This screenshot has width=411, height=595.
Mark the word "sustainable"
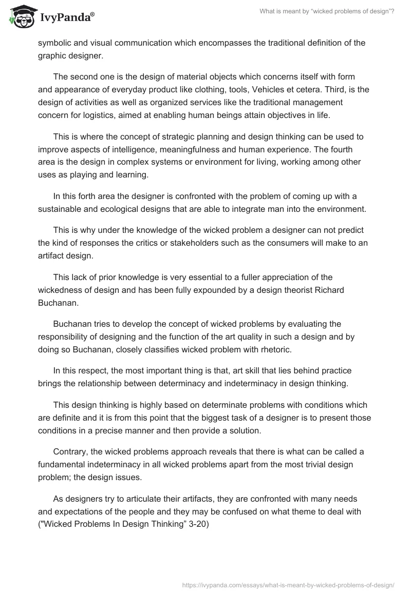click(x=65, y=209)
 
